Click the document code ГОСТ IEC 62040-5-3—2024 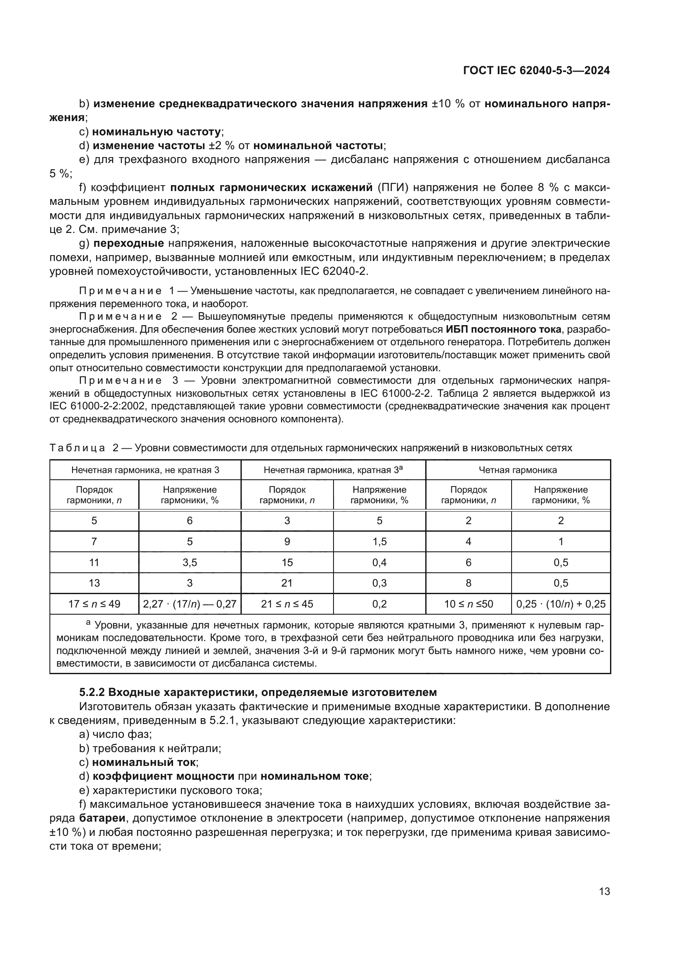(x=536, y=70)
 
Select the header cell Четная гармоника (x=517, y=470)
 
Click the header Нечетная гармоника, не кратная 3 (x=145, y=470)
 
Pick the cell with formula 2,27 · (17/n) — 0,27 (x=189, y=604)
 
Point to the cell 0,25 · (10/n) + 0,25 (x=561, y=604)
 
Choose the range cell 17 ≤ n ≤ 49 (x=94, y=604)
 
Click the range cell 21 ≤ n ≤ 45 (x=287, y=604)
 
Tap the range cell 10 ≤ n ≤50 (x=468, y=604)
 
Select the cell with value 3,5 (x=189, y=563)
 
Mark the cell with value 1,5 (x=379, y=542)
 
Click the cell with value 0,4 (x=379, y=563)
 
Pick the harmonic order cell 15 (x=287, y=563)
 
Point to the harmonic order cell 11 (x=94, y=563)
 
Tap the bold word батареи (x=102, y=818)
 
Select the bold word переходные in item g (x=129, y=243)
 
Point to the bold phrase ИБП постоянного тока (x=504, y=329)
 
